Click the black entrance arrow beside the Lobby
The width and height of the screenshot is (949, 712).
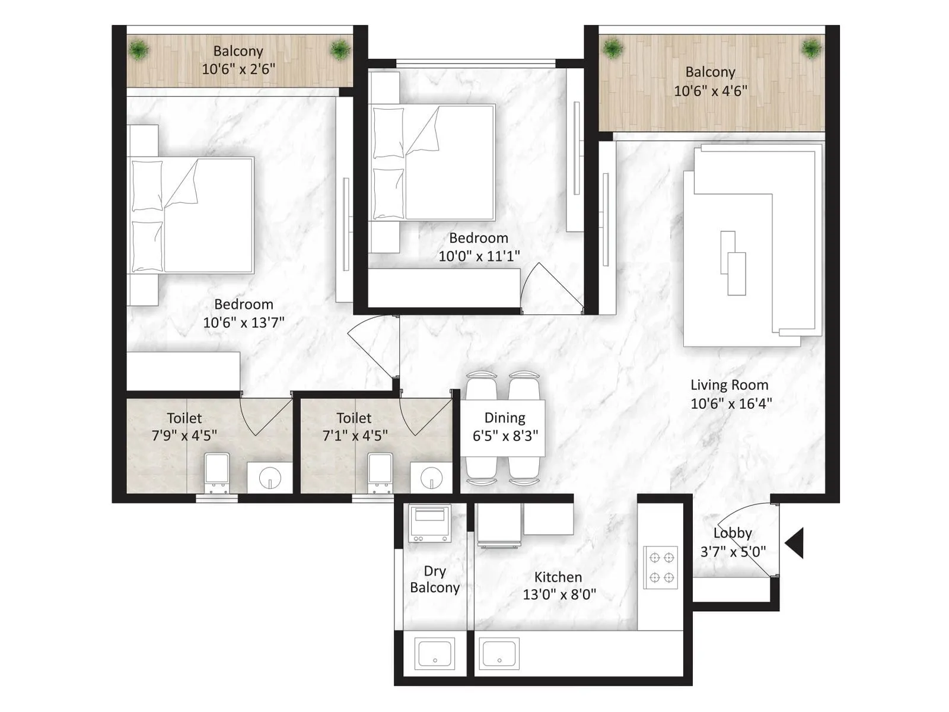(795, 543)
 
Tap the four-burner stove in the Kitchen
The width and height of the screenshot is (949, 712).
(661, 567)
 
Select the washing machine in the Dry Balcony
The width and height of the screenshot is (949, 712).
(429, 523)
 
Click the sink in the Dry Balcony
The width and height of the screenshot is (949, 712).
(435, 654)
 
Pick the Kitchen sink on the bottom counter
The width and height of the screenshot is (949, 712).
(499, 654)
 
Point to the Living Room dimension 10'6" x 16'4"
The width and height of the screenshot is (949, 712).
(731, 403)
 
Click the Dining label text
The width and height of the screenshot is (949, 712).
(505, 418)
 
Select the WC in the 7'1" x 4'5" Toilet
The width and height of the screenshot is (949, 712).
(380, 473)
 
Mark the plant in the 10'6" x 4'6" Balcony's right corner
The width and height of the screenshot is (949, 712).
(811, 48)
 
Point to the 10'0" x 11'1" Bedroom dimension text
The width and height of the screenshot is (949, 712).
(479, 256)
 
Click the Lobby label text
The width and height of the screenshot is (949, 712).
(733, 533)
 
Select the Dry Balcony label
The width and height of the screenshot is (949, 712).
(435, 579)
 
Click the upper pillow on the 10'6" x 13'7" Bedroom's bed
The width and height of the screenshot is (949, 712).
(147, 185)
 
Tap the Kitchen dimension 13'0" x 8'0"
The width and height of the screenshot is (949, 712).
(559, 594)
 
